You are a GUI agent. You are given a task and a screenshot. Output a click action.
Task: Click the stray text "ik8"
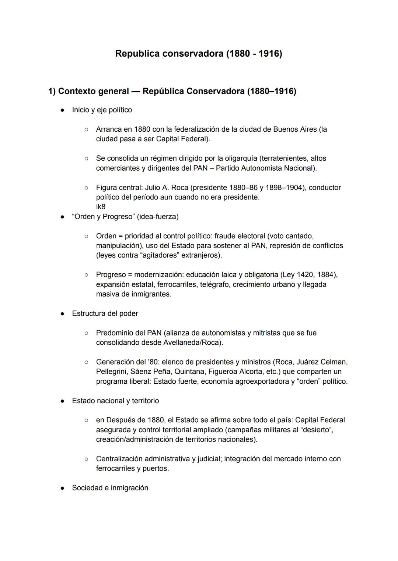(101, 207)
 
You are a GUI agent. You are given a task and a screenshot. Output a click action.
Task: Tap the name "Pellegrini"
(112, 372)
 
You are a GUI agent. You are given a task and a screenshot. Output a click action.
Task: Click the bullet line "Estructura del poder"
(105, 314)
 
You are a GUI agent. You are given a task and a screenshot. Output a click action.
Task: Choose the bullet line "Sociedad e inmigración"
(110, 488)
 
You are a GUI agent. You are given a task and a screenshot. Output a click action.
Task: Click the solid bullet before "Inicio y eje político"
(63, 110)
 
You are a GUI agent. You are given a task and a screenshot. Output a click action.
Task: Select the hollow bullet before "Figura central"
(86, 188)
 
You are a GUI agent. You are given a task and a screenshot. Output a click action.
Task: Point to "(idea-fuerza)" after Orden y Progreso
(158, 217)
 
